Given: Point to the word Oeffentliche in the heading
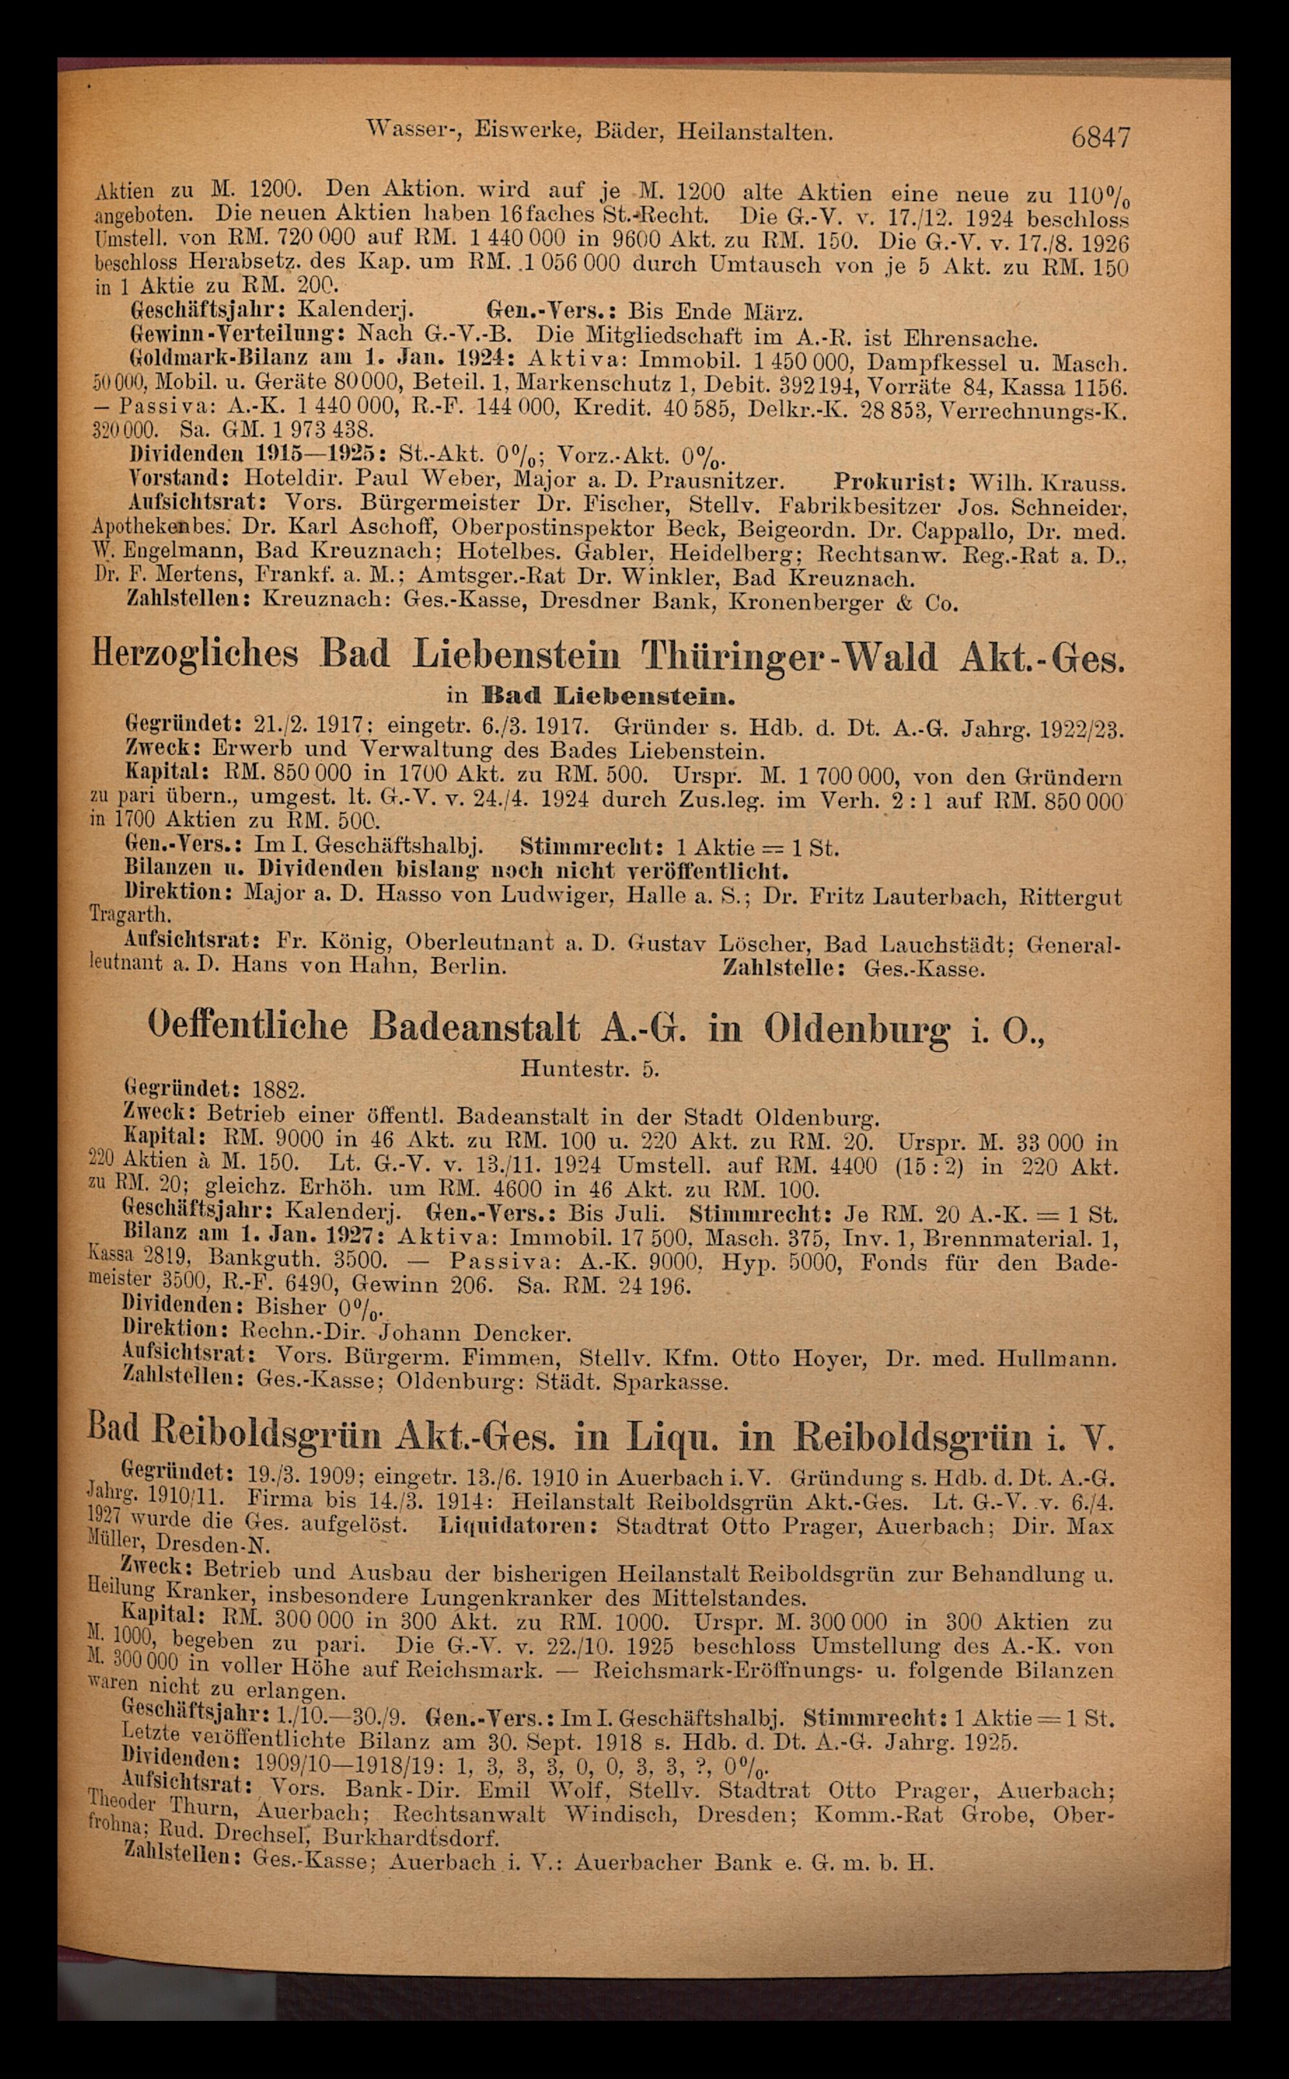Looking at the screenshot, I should click(248, 1026).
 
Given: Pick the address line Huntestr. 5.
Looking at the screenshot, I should click(589, 1068).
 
